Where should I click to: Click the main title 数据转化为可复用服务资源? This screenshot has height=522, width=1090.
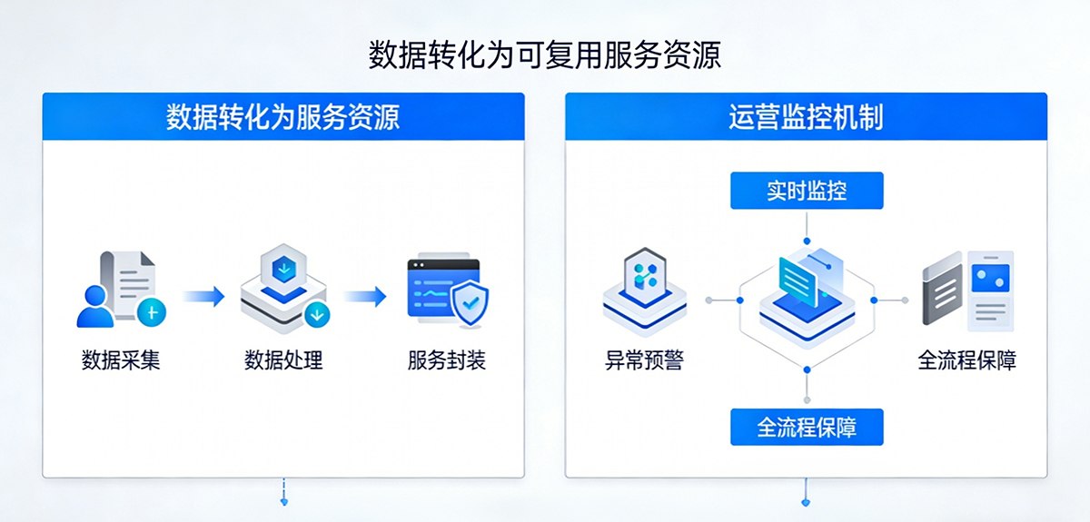pos(545,54)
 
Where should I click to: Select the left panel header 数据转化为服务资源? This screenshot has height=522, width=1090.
pos(283,117)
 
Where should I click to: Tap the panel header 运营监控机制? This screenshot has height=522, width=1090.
pos(806,117)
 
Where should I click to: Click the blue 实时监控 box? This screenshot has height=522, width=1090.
pos(807,192)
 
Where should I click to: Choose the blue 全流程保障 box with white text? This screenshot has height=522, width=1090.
pos(807,426)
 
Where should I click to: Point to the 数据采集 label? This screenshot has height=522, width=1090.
pos(121,360)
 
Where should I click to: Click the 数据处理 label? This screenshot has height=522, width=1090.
pos(283,360)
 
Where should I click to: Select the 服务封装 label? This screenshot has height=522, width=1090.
pos(447,360)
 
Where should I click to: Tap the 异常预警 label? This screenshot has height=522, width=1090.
pos(644,360)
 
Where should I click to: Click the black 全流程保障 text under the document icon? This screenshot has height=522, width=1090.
pos(967,360)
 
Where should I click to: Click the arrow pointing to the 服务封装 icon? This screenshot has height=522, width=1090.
pos(365,296)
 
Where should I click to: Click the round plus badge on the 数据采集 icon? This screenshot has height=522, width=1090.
pos(152,312)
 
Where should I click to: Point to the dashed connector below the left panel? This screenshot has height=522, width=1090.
pos(284,491)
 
